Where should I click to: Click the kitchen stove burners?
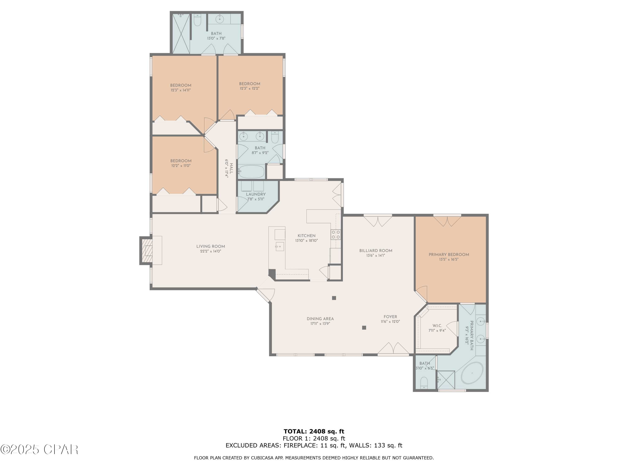(x=336, y=234)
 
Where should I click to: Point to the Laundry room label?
(x=256, y=194)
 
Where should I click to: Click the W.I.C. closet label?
(x=437, y=326)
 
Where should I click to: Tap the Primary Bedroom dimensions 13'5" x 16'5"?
(x=449, y=259)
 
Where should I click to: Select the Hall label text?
(x=231, y=168)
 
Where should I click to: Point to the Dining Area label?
(x=320, y=319)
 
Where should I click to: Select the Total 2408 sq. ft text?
(x=314, y=431)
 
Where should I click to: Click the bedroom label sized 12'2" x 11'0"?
(x=181, y=161)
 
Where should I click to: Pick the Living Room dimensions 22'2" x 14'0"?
(x=210, y=251)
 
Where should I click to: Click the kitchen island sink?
(x=279, y=246)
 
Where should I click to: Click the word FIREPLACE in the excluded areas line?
(x=300, y=445)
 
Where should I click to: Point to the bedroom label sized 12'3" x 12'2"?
(x=249, y=84)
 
